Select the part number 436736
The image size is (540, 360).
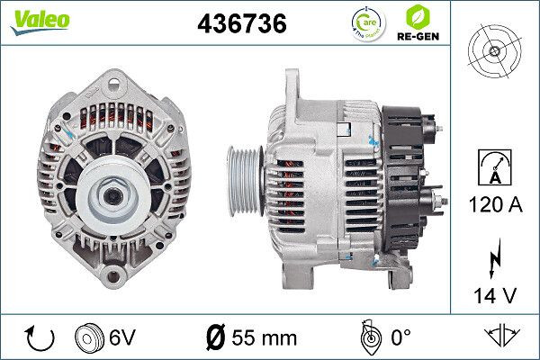point(242,25)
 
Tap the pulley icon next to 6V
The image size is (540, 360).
point(88,338)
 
